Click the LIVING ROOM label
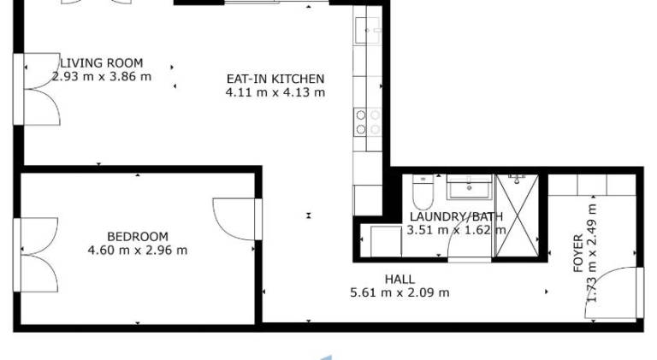[102, 63]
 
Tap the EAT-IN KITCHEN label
[275, 79]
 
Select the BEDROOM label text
[138, 237]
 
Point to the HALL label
[400, 280]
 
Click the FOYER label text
[578, 253]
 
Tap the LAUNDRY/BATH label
[456, 217]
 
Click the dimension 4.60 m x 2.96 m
[138, 251]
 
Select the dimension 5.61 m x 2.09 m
[400, 292]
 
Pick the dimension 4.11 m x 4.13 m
[275, 92]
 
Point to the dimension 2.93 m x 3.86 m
[102, 77]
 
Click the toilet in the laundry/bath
[423, 192]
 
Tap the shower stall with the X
[517, 215]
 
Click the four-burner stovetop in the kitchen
[368, 121]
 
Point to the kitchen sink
[368, 30]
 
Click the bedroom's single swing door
[238, 220]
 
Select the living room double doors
[37, 89]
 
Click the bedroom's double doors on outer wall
[36, 255]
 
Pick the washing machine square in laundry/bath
[386, 240]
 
